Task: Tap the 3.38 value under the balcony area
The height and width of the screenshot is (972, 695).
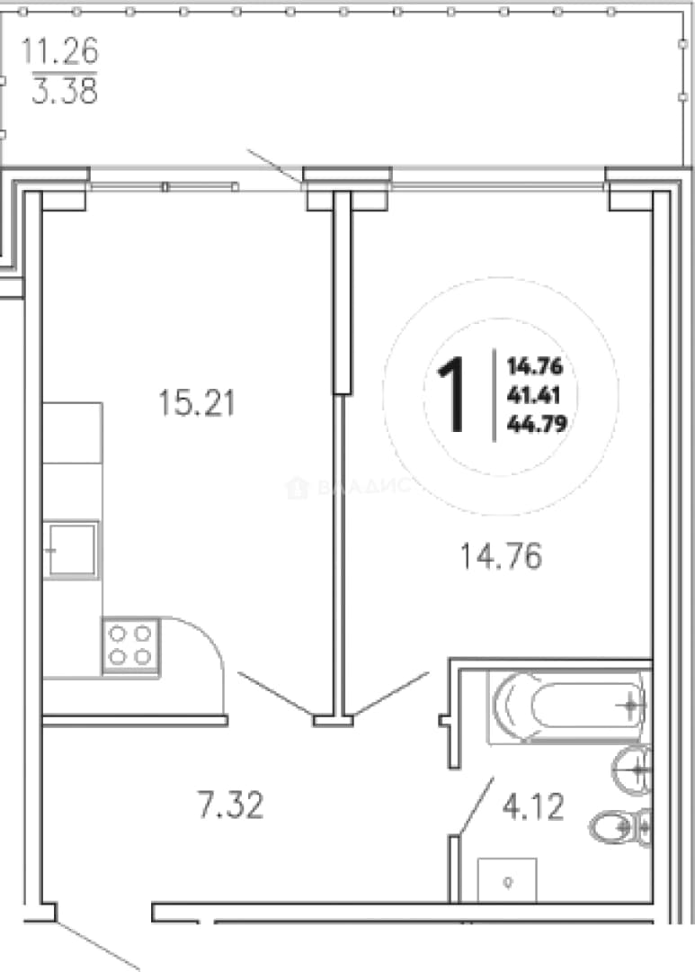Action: click(65, 91)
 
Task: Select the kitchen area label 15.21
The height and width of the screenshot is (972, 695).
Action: click(197, 403)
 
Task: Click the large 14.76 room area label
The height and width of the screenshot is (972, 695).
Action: click(501, 555)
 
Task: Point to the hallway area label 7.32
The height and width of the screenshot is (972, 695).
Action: click(230, 805)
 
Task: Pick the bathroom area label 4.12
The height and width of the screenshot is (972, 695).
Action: click(533, 807)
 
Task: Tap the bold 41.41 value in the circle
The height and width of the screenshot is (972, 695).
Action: click(533, 395)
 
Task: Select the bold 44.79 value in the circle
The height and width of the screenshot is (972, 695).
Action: click(537, 423)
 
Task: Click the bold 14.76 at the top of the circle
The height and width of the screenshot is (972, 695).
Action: click(535, 366)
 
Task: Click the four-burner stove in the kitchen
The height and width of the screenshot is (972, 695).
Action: click(130, 645)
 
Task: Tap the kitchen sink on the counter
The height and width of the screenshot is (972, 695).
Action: click(71, 549)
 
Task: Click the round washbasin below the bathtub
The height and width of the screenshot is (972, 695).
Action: click(632, 769)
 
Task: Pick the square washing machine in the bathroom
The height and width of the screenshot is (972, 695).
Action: click(507, 880)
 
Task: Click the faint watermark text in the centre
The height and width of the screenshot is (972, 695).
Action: click(349, 487)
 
